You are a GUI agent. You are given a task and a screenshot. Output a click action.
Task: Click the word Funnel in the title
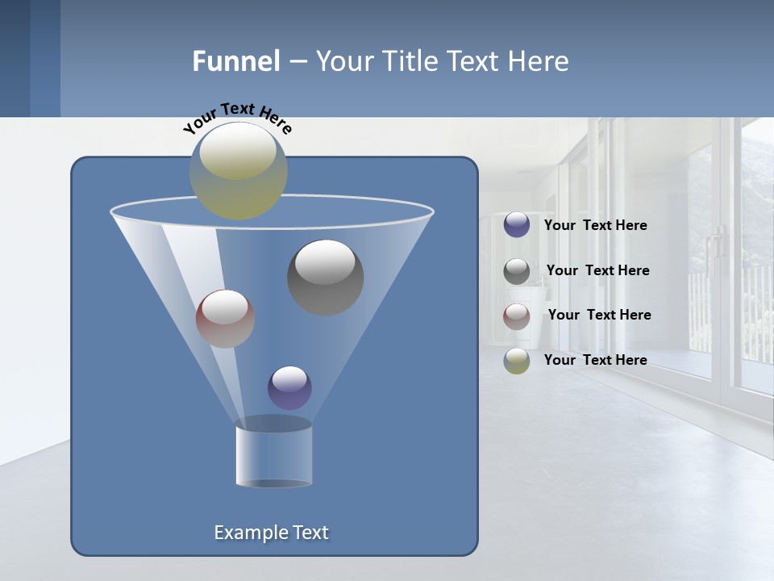pyautogui.click(x=236, y=61)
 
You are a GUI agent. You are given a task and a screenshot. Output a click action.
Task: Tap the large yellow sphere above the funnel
pyautogui.click(x=239, y=170)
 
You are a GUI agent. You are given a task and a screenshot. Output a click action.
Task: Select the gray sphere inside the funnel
pyautogui.click(x=325, y=277)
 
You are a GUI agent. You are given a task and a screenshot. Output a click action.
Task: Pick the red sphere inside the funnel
pyautogui.click(x=225, y=318)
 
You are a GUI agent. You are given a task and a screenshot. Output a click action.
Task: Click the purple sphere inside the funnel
pyautogui.click(x=289, y=387)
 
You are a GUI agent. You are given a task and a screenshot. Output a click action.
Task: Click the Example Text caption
pyautogui.click(x=271, y=533)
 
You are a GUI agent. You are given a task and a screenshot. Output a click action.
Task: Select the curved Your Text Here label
pyautogui.click(x=237, y=118)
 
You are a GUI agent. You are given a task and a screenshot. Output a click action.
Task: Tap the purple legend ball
pyautogui.click(x=517, y=225)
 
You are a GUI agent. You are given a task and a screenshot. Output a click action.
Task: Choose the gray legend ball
pyautogui.click(x=517, y=271)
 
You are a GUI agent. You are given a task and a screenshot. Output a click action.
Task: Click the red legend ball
pyautogui.click(x=517, y=316)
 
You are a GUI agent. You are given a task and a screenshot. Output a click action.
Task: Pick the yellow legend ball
pyautogui.click(x=517, y=361)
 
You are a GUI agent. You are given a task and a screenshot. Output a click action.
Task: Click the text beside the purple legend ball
pyautogui.click(x=595, y=226)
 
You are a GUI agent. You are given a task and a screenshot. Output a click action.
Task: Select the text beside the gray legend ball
pyautogui.click(x=597, y=271)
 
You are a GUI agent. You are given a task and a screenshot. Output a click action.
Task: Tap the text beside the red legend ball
pyautogui.click(x=599, y=316)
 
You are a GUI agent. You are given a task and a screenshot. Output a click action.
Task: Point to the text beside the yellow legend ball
pyautogui.click(x=595, y=361)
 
